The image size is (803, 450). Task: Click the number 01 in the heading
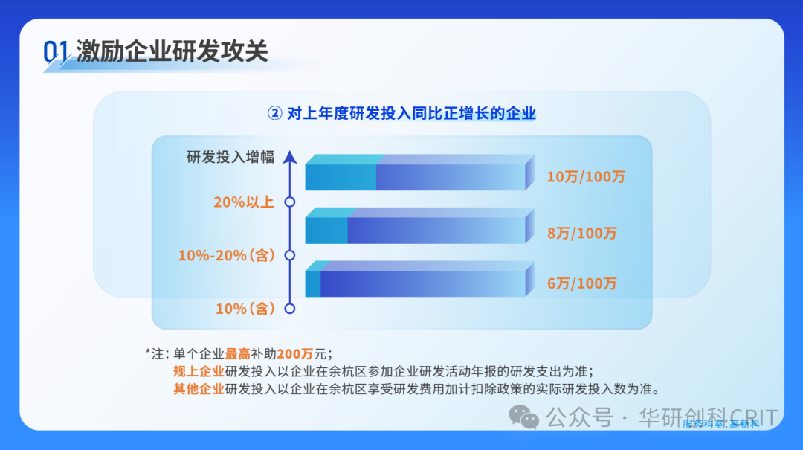tap(57, 51)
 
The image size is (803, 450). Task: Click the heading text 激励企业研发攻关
tap(172, 51)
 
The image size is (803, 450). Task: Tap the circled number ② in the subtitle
tap(274, 113)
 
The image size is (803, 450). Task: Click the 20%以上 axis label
tap(244, 202)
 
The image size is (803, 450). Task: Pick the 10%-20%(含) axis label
tap(226, 255)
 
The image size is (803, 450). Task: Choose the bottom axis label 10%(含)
tap(245, 308)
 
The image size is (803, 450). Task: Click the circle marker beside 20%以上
tap(290, 202)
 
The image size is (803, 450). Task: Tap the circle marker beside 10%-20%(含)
tap(290, 255)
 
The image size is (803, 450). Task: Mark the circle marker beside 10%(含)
tap(290, 308)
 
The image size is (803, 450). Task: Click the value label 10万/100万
tap(586, 177)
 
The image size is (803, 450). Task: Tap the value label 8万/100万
tap(581, 233)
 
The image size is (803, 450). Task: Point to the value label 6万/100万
tap(581, 283)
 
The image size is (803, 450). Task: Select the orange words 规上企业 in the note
tap(199, 371)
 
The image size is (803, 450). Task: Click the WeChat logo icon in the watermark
tap(529, 417)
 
